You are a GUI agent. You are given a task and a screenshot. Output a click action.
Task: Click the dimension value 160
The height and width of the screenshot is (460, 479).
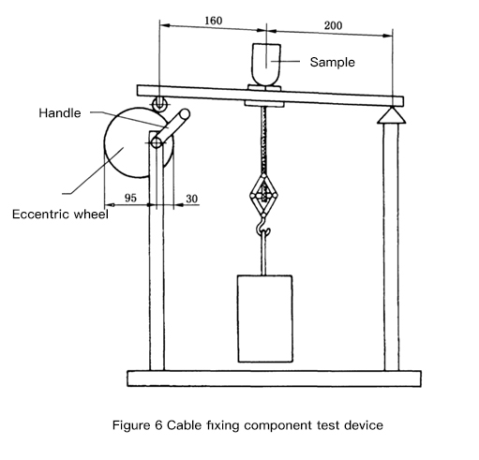pos(214,21)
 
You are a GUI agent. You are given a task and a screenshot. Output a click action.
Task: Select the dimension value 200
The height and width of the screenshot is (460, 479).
pos(333,25)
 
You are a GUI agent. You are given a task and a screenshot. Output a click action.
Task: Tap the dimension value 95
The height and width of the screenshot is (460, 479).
pos(130,198)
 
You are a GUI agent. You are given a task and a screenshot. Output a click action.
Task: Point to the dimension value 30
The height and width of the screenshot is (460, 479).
pos(192,199)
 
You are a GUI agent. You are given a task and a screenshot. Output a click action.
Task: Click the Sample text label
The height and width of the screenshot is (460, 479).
pos(333,62)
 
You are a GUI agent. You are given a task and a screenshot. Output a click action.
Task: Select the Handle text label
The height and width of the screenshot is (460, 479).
pos(60,112)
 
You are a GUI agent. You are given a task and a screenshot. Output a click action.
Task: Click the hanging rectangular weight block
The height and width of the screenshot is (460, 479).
pos(265,319)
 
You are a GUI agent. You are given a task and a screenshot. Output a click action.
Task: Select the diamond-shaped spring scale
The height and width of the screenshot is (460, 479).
pos(263,195)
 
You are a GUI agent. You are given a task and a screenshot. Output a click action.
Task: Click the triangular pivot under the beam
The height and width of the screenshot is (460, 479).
pos(392,115)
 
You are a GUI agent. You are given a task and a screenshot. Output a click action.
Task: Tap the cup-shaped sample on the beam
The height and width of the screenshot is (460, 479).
pos(266,65)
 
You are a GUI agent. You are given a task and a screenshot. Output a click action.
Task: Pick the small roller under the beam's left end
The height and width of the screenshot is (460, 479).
pos(159,103)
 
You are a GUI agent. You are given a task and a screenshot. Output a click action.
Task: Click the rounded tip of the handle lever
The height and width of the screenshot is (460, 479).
pos(184,113)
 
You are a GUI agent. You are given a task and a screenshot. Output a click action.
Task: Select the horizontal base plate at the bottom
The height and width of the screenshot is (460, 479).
pos(274,378)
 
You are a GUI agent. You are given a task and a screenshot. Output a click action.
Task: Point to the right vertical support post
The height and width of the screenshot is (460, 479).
pos(391,246)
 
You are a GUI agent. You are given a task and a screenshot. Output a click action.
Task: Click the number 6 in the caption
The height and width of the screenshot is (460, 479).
pos(158,425)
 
